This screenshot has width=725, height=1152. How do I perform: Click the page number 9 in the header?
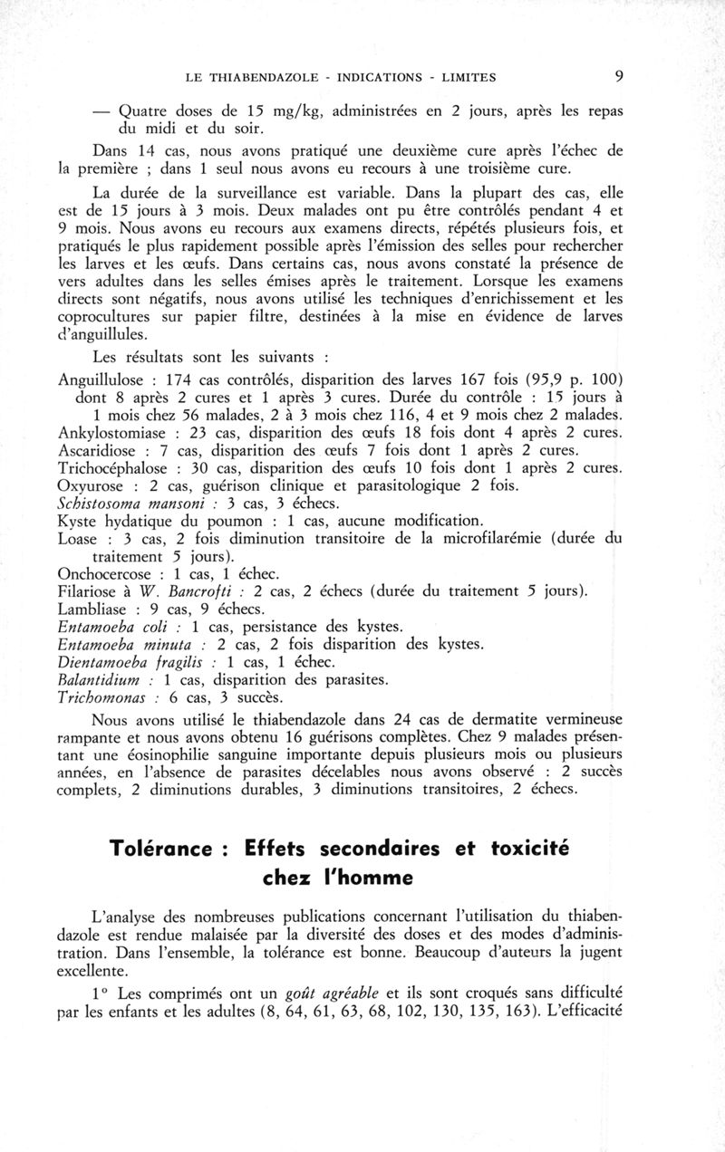[618, 76]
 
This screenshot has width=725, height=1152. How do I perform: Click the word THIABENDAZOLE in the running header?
[263, 77]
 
